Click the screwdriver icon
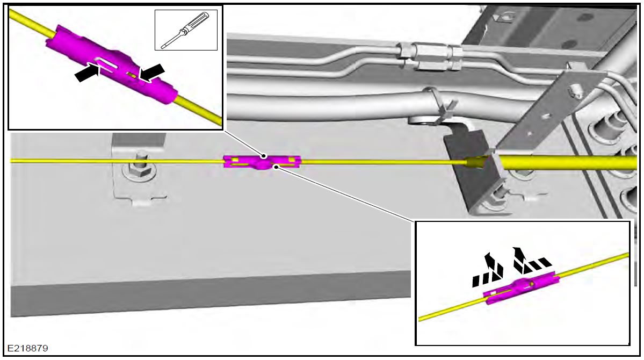[185, 31]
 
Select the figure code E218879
[27, 348]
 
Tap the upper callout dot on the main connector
[264, 155]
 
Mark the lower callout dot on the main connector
[276, 167]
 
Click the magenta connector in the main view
[262, 161]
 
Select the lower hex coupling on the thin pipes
[430, 66]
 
